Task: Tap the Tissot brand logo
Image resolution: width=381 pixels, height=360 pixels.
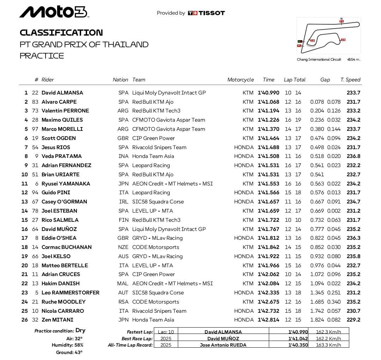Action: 206,13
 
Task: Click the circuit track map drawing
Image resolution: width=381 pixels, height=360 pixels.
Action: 329,35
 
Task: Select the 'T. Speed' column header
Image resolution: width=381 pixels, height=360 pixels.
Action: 350,80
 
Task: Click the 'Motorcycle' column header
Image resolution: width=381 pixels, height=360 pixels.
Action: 240,80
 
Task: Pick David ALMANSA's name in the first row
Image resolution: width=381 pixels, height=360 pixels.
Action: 62,93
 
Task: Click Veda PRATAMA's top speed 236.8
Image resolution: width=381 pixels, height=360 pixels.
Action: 353,156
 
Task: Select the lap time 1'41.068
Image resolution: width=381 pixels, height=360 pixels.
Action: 268,102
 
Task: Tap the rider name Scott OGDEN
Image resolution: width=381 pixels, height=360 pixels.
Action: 59,138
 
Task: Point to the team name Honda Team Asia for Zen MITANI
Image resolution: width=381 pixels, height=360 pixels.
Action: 153,320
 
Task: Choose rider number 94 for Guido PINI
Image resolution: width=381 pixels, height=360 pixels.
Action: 35,193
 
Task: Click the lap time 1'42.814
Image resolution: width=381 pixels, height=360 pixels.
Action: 268,320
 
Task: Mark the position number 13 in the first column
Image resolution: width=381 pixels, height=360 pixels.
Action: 24,202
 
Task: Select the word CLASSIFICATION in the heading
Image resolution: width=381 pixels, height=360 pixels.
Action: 61,33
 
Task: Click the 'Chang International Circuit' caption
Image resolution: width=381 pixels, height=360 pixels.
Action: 319,60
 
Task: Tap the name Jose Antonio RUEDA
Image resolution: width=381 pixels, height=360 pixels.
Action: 223,345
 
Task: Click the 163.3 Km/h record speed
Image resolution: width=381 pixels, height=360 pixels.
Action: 328,345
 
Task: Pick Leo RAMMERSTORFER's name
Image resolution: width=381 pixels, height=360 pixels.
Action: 70,293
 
